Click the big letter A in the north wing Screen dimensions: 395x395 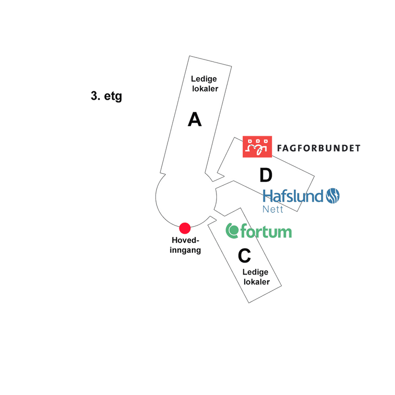point(195,120)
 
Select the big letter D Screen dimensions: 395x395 point(266,175)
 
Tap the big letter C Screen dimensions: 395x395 point(244,255)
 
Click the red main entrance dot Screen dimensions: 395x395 point(185,228)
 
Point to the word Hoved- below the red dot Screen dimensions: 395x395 point(185,240)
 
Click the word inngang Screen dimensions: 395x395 point(185,250)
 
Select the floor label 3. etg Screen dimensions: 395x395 point(106,96)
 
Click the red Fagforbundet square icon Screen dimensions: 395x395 point(257,146)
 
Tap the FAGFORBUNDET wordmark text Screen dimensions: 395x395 point(319,148)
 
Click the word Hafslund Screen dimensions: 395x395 point(293,196)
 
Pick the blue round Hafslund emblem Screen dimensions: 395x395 point(333,196)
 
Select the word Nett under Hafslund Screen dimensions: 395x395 point(273,209)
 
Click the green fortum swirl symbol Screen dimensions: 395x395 point(232,230)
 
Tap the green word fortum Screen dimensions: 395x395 point(266,231)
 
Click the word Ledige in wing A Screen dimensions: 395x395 point(204,79)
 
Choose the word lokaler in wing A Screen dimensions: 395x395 point(205,89)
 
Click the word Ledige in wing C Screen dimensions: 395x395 point(255,272)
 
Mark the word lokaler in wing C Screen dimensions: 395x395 point(257,282)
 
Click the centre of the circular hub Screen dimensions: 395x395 point(186,197)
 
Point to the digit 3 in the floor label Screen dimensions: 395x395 point(94,96)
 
